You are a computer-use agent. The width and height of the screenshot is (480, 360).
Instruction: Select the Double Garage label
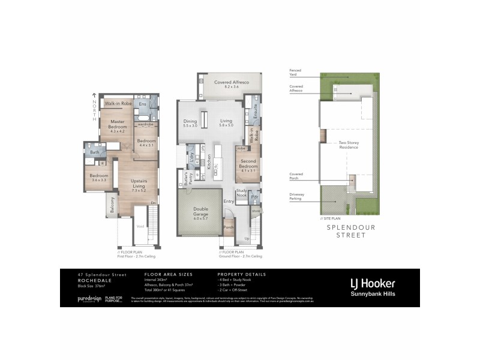coord(200,212)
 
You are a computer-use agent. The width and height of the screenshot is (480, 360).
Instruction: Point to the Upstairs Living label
coord(139,184)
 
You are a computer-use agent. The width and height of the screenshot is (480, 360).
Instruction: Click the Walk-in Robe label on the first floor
coord(118,104)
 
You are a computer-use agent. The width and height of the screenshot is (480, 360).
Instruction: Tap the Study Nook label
coord(241,194)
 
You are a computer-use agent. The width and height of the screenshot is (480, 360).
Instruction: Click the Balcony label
coord(112,206)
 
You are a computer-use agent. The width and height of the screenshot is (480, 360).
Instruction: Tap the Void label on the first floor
coord(140,226)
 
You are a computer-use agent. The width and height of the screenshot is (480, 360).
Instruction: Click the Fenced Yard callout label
coord(296,72)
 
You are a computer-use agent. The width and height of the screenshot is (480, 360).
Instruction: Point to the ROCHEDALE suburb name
coord(93,279)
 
